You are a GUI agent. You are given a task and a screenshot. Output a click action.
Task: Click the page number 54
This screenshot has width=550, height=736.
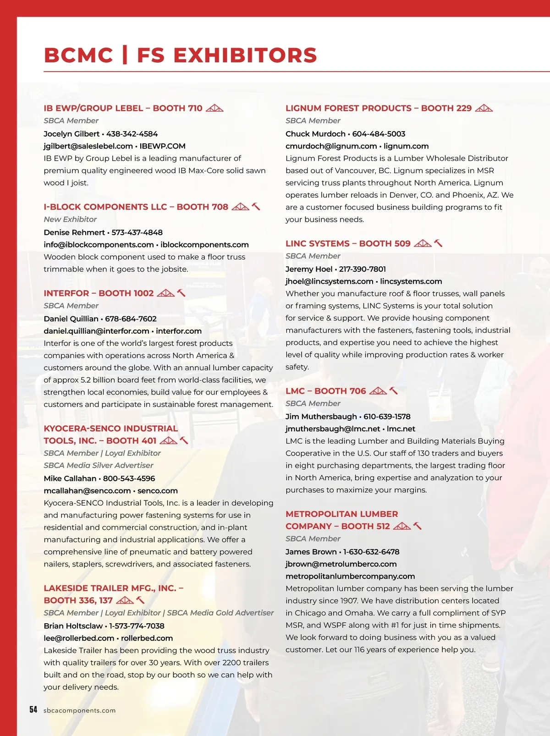[x=33, y=709]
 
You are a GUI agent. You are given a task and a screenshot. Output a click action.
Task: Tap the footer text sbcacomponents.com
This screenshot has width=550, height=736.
[x=79, y=710]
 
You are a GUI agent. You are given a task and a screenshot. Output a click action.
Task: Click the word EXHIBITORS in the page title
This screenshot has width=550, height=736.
[x=245, y=55]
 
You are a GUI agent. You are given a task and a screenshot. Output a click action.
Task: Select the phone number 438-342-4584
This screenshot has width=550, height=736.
[x=132, y=134]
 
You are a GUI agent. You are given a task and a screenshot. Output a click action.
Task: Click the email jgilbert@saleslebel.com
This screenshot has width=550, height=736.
[x=88, y=146]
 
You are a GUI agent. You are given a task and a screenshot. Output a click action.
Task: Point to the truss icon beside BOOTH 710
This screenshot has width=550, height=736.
[x=214, y=108]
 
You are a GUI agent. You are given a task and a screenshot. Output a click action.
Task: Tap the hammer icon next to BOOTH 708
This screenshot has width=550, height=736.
[x=256, y=207]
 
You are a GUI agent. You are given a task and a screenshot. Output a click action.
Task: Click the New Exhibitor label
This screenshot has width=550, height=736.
[x=70, y=219]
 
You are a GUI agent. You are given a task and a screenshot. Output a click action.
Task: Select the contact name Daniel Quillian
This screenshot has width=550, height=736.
[x=71, y=319]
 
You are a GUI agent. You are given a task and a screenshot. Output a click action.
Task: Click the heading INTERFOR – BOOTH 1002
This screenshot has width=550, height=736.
[x=99, y=293]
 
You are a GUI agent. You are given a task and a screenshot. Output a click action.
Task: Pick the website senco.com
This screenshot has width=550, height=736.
[x=158, y=491]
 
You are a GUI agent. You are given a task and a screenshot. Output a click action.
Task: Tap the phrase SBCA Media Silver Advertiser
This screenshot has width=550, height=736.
[x=99, y=465]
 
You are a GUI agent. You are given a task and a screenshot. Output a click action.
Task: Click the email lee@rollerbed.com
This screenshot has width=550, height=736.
[x=79, y=638]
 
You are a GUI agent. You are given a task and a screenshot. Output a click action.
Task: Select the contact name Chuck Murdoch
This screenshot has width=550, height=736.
[x=315, y=134]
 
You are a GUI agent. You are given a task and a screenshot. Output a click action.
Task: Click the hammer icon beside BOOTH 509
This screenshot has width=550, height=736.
[x=438, y=243]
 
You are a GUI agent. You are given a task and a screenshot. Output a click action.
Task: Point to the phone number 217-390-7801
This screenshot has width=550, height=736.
[x=363, y=269]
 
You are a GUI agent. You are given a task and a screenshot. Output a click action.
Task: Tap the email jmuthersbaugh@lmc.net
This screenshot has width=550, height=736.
[x=333, y=429]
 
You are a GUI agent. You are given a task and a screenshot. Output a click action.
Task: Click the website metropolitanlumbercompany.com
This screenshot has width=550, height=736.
[x=350, y=576]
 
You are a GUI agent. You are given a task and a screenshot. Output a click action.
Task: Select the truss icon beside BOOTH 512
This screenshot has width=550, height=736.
[x=402, y=526]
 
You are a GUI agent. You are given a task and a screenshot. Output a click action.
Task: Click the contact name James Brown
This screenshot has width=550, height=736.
[x=311, y=552]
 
